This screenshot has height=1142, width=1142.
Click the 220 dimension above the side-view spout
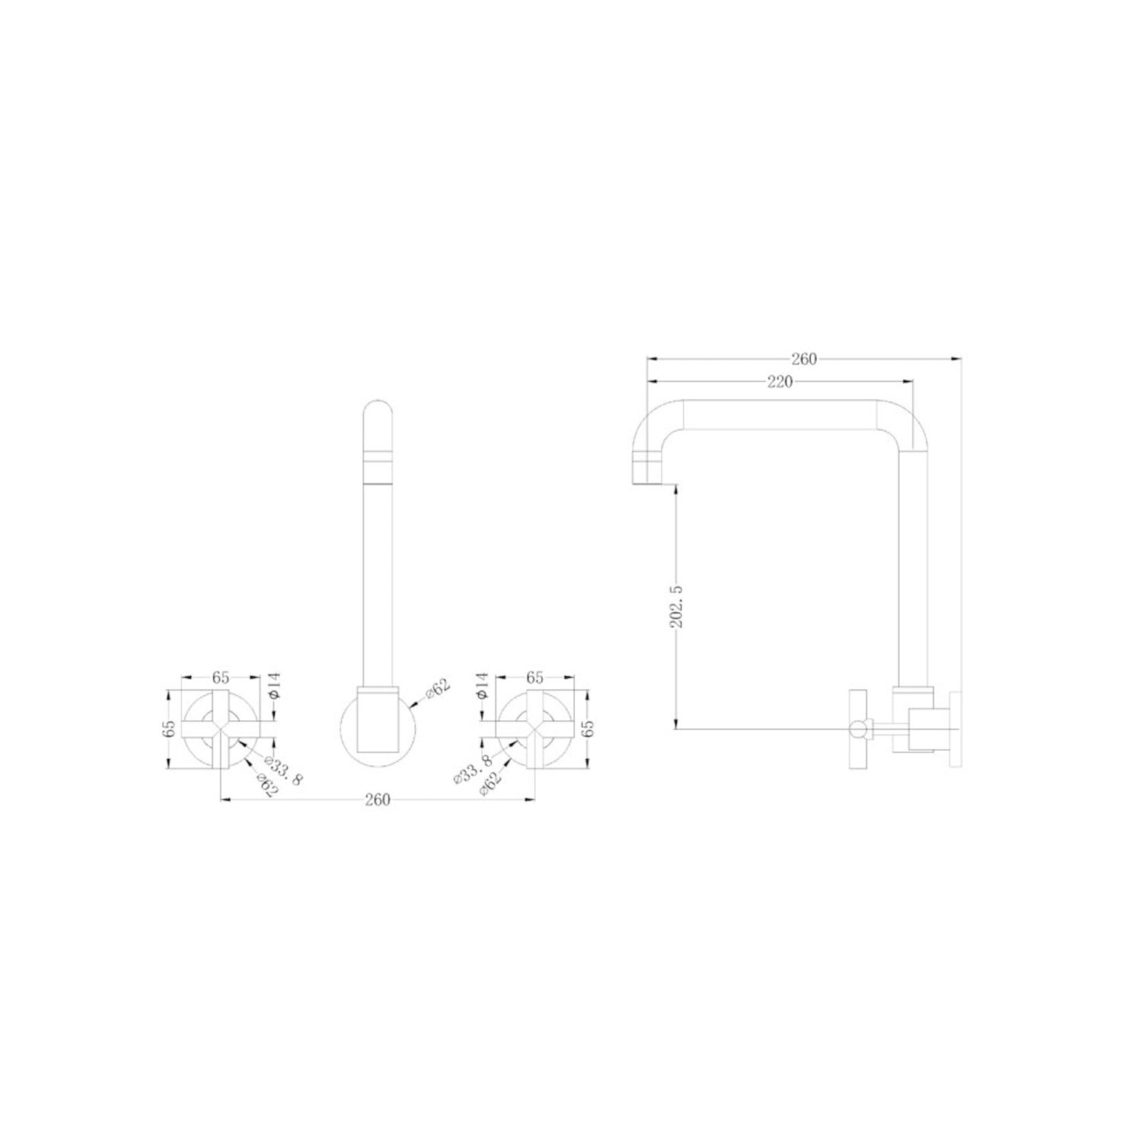point(780,382)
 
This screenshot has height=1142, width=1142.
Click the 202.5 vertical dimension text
point(677,607)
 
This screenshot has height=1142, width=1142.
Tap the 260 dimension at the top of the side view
point(804,359)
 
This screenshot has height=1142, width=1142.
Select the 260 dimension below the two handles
point(378,799)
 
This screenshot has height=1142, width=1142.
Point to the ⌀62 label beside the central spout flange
point(437,687)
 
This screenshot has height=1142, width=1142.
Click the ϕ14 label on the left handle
point(275,687)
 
